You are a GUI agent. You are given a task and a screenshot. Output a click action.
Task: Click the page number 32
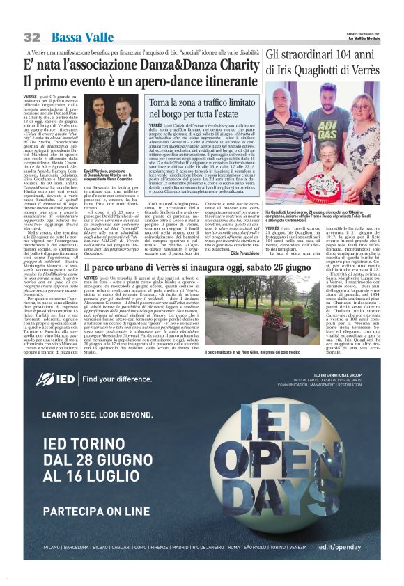click(x=32, y=36)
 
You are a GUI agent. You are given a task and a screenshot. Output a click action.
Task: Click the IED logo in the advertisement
click(x=56, y=379)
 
